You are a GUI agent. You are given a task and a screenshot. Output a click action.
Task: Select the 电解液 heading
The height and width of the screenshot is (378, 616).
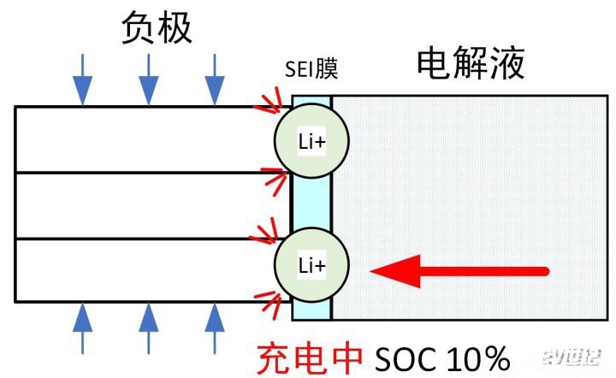(470, 64)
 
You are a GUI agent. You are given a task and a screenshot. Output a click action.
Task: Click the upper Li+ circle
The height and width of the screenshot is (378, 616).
(311, 142)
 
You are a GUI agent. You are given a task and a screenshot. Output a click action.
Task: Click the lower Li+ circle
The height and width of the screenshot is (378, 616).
(311, 266)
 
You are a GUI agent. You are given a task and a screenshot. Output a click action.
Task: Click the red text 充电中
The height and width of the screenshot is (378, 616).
(309, 357)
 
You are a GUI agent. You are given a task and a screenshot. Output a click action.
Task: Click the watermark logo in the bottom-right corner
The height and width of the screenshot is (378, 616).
(578, 359)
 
